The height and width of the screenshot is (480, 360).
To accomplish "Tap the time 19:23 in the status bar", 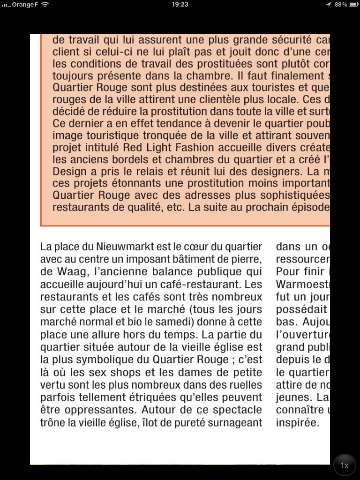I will (180, 4).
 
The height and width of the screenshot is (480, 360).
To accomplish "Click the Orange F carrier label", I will (25, 4).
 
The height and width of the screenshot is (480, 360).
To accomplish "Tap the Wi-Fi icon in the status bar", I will (45, 4).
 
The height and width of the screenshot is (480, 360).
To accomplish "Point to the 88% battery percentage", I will (341, 4).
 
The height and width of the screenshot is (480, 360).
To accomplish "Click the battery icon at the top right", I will (354, 4).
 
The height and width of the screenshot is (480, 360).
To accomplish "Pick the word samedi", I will (176, 322).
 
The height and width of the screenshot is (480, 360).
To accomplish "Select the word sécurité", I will (289, 39).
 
